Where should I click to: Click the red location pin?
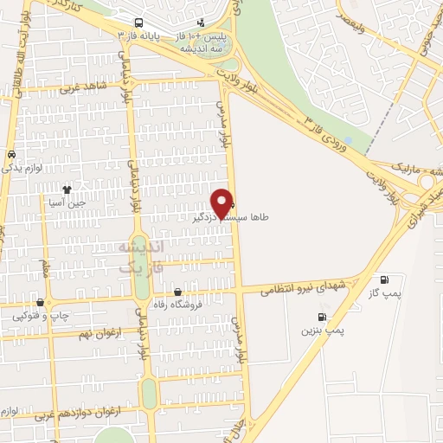tap(224, 202)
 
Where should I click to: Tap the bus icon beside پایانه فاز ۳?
tap(140, 23)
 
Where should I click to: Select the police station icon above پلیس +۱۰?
tap(201, 23)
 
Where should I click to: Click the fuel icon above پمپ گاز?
tap(385, 279)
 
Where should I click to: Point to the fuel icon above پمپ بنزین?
tap(322, 317)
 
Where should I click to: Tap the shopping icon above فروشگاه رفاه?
tap(177, 292)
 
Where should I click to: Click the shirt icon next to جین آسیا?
tap(67, 189)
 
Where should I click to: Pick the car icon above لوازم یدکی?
tap(10, 154)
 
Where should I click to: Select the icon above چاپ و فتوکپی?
tap(40, 302)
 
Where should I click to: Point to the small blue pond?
tap(348, 139)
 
